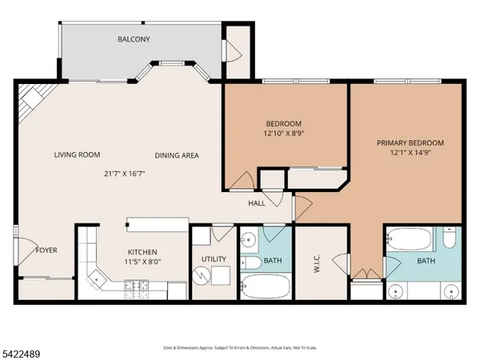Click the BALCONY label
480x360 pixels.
(134, 39)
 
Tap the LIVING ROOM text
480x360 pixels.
(77, 155)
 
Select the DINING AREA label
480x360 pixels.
(176, 155)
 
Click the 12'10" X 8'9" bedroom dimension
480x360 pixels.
(284, 134)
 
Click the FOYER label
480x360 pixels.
(46, 250)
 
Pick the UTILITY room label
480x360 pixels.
(214, 259)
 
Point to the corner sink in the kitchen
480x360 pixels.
(97, 279)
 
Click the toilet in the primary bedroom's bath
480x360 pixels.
(450, 238)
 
